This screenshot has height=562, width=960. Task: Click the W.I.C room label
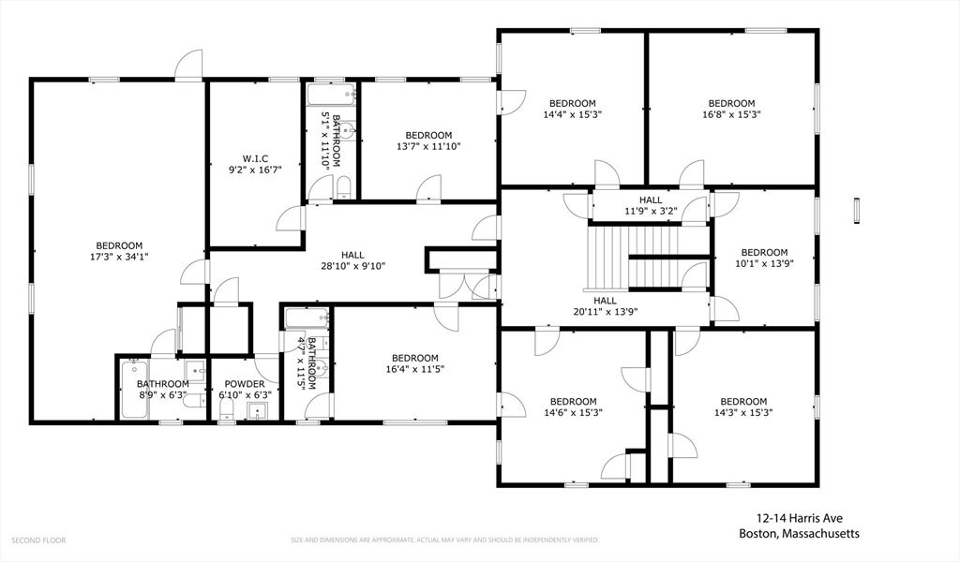tap(255, 158)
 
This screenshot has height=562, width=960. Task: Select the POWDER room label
tap(244, 384)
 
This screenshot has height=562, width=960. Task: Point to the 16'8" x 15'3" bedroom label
tap(731, 104)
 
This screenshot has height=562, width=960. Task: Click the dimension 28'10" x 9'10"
tap(352, 266)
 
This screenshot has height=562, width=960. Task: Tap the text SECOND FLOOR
tap(38, 540)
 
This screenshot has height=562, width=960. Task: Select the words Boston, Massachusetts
tap(799, 534)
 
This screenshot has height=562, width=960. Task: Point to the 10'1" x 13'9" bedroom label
tap(764, 252)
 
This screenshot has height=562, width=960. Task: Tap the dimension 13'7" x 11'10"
tap(428, 146)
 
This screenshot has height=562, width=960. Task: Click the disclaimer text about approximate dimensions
tap(445, 540)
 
